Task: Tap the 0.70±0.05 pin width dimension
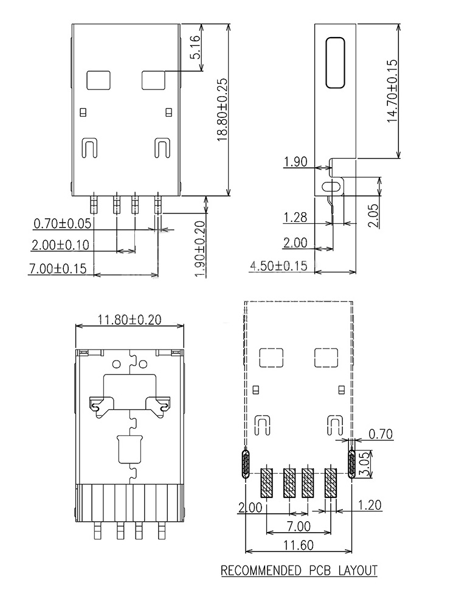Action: (x=62, y=224)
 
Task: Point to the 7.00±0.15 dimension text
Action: (x=58, y=268)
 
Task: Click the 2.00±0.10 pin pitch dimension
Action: (x=60, y=245)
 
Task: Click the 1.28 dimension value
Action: (x=295, y=217)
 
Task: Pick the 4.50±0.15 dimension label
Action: (x=279, y=266)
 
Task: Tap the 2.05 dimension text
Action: (x=374, y=215)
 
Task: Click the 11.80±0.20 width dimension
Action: (x=130, y=319)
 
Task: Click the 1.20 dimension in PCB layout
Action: (x=371, y=505)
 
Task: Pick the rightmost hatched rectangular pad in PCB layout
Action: (x=331, y=482)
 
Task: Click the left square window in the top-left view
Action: (x=98, y=80)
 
